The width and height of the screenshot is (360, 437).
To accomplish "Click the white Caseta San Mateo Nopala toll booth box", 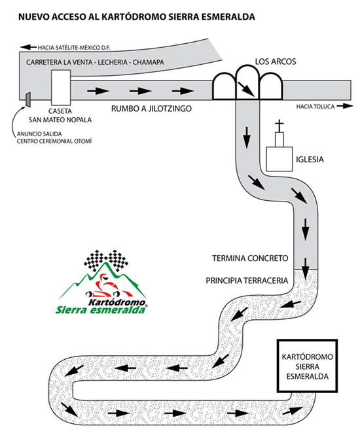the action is click(x=61, y=88).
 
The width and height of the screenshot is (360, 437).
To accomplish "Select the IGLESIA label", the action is click(x=310, y=160).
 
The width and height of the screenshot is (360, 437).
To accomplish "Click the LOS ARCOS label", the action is click(x=276, y=61).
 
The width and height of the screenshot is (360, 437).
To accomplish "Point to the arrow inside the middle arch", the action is click(x=246, y=89).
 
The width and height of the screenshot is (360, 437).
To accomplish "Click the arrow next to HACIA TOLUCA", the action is click(x=345, y=106).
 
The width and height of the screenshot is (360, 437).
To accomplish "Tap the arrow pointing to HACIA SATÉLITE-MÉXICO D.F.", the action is click(x=28, y=47).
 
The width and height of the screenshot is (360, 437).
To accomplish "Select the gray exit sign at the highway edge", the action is click(x=28, y=99).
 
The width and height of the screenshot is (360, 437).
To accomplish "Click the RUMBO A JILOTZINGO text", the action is click(x=151, y=109).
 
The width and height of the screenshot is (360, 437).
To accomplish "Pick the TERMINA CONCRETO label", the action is click(x=250, y=258).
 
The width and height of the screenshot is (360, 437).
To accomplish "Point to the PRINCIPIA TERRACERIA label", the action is click(x=247, y=281).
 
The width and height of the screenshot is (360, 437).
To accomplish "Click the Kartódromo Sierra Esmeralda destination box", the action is click(x=307, y=366).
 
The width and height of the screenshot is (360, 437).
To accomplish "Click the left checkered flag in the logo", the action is click(x=94, y=260).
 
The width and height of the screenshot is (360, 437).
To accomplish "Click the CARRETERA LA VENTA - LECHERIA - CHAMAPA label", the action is click(x=95, y=62).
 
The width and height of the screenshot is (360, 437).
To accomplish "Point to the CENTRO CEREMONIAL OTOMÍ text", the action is click(x=54, y=141).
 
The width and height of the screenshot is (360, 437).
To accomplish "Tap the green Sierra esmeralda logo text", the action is click(x=101, y=309).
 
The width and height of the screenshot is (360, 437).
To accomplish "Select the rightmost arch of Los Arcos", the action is click(x=271, y=86).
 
